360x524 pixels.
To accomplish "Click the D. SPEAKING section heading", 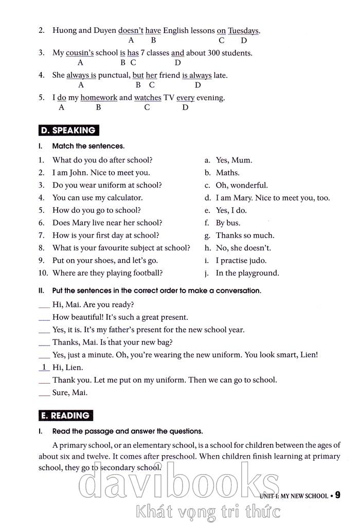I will (69, 130).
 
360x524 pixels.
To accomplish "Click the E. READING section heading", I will (66, 415).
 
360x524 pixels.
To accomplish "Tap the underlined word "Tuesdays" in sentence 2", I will (243, 30).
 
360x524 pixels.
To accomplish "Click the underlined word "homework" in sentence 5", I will (99, 97).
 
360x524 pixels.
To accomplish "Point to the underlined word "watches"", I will (148, 97).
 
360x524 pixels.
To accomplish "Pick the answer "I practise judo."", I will (241, 260).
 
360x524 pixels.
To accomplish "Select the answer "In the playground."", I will (247, 273).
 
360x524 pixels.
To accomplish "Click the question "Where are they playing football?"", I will (107, 273).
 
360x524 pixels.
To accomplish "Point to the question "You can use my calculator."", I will (97, 197).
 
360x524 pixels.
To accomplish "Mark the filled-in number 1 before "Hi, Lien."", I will (44, 367).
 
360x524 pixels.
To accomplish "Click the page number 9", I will (337, 495).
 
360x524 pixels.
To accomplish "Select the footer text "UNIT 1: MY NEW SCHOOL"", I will (294, 496).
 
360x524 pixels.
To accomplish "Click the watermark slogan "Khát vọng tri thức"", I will (208, 512).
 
